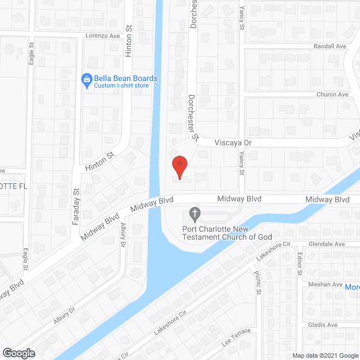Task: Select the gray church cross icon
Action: pos(195,214)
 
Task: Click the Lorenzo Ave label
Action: pos(103,35)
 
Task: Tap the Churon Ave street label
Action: pos(332,94)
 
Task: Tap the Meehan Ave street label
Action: pos(326,285)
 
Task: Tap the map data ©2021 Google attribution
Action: pos(325,355)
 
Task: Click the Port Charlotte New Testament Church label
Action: pos(227,233)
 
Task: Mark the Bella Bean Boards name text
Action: pos(126,78)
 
